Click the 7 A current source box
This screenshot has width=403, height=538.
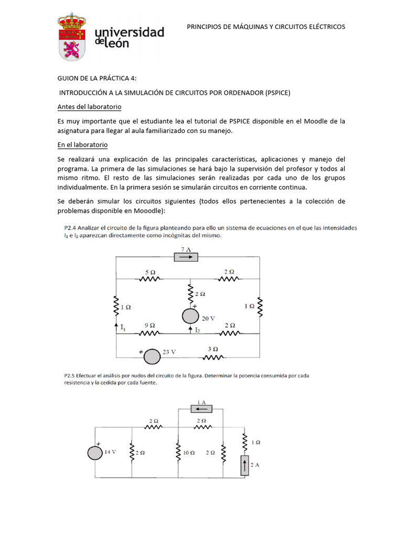coord(186,257)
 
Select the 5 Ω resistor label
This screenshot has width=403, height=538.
coord(150,272)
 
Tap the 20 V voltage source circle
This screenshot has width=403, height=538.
coord(190,316)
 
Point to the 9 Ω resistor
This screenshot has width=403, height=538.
coord(150,333)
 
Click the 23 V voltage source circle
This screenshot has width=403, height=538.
coord(152,356)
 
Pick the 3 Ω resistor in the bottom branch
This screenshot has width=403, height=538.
coord(214,357)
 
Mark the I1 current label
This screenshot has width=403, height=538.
coord(123,328)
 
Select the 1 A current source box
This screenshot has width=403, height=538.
coord(201,409)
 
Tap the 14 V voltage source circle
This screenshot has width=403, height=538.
coord(96,452)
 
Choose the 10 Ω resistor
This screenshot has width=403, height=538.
coord(178,452)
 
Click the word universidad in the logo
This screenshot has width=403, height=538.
coord(129,33)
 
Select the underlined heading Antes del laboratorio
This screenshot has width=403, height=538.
coord(89,107)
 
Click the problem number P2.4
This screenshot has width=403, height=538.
coord(71,228)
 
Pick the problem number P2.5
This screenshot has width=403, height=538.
coord(71,376)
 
